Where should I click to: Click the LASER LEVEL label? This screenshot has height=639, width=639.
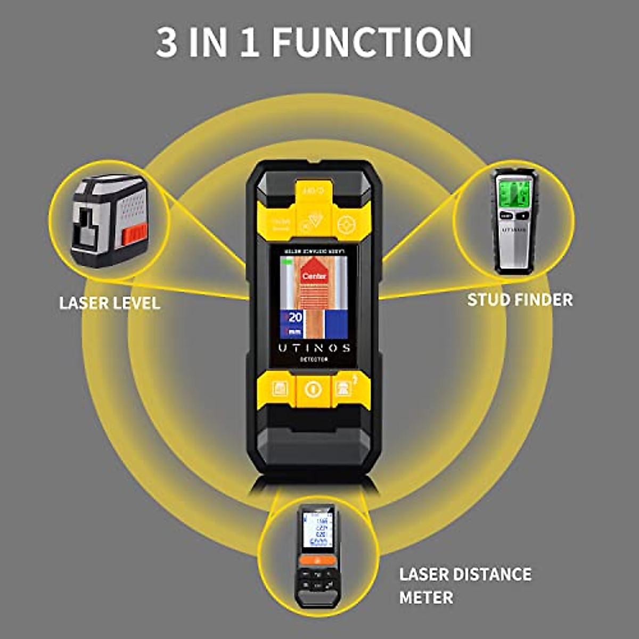click(x=110, y=303)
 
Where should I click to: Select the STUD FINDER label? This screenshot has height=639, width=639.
click(x=520, y=299)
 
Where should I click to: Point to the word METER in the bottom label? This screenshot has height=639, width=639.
click(x=426, y=597)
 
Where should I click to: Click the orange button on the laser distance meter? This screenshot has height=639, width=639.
click(x=317, y=560)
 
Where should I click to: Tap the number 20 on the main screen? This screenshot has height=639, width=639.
click(x=294, y=317)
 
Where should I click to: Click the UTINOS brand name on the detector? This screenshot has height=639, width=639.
click(x=314, y=348)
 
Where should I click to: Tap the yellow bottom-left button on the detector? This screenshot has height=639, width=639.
click(x=280, y=389)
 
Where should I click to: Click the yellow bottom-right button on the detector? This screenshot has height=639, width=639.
click(x=345, y=389)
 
